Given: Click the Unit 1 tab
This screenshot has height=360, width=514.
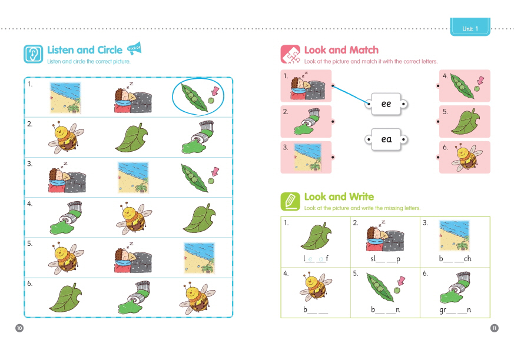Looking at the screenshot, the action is point(470,28).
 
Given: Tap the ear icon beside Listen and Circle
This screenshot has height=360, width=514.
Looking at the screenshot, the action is point(33,54).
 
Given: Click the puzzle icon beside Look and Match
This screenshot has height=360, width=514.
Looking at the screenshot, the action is point(290,54).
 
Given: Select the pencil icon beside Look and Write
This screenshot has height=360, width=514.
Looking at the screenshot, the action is point(290,201).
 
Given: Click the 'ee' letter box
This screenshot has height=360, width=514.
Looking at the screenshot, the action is point(386,104).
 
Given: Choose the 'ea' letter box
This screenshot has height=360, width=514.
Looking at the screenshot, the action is point(386,139).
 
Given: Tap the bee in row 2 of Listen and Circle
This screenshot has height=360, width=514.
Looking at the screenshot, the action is point(66,137).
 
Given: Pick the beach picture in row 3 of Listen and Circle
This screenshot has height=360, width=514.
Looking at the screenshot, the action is point(133,178).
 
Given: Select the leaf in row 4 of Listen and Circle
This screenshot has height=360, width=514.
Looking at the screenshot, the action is point(200,218).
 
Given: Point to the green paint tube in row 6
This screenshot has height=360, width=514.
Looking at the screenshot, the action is point(134,298).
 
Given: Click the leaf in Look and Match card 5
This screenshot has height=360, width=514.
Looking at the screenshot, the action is point(466,122).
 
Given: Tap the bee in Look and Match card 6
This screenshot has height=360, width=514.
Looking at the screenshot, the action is point(466,157).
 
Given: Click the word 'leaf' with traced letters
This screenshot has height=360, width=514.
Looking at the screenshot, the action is point(316,259).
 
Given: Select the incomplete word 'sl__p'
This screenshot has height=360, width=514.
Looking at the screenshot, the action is point(385,259).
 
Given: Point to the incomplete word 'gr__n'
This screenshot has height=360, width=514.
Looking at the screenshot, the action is point(455,310).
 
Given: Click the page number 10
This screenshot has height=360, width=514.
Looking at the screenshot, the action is point(19,328).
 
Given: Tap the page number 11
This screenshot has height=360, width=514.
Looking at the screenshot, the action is point(495,328).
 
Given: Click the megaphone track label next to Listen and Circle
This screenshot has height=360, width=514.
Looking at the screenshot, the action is point(134,48).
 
